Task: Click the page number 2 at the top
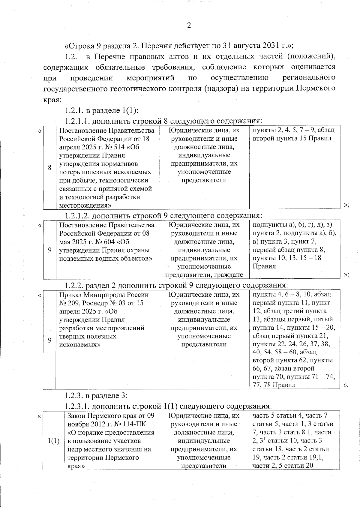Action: coord(189,26)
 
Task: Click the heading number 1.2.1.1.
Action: coord(77,121)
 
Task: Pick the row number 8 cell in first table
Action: coord(50,168)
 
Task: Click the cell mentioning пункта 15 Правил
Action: coord(292,138)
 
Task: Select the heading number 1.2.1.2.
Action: coord(77,216)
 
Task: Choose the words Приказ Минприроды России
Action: coord(103,295)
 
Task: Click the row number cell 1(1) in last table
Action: coord(53,441)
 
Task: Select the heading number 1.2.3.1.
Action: coord(77,406)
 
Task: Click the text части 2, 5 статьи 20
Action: coord(283,466)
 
